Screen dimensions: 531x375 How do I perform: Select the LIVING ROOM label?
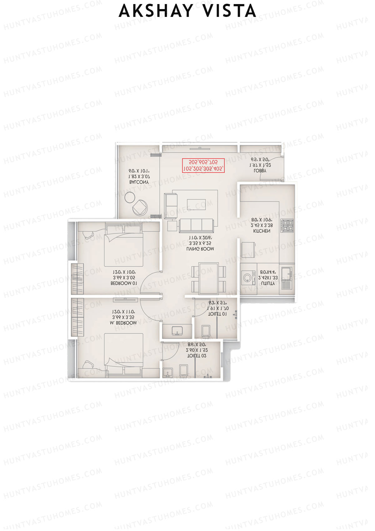200,249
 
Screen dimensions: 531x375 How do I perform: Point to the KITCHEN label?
262,231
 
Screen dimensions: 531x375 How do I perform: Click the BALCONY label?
139,182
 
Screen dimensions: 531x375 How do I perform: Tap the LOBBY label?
260,171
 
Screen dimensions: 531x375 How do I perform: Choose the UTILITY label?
268,283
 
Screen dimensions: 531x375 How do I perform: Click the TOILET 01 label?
218,314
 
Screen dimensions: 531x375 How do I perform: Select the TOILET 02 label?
197,356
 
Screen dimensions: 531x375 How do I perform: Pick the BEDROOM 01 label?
124,283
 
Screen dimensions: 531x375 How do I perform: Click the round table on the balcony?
129,197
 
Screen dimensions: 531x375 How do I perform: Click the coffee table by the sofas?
196,204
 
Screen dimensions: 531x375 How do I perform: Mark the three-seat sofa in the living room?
196,225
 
